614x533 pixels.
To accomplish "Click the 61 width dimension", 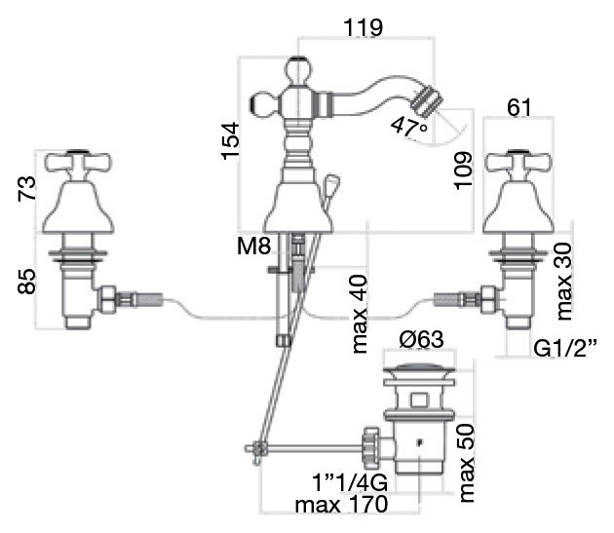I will tap(518, 107).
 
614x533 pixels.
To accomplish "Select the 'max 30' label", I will tap(563, 282).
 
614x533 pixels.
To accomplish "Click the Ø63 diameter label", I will tap(422, 340).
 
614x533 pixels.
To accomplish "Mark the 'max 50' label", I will tap(467, 465).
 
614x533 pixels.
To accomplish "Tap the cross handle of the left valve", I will tap(75, 162).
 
